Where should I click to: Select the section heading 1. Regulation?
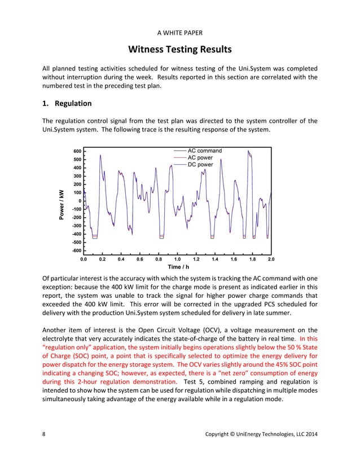point(67,104)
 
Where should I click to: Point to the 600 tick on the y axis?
point(77,151)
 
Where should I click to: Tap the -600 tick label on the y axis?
point(76,250)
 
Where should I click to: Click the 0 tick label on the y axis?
point(80,201)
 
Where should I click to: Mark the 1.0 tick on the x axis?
point(177,260)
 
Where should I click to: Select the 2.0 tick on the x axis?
point(271,260)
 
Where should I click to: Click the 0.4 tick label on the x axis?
point(121,260)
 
